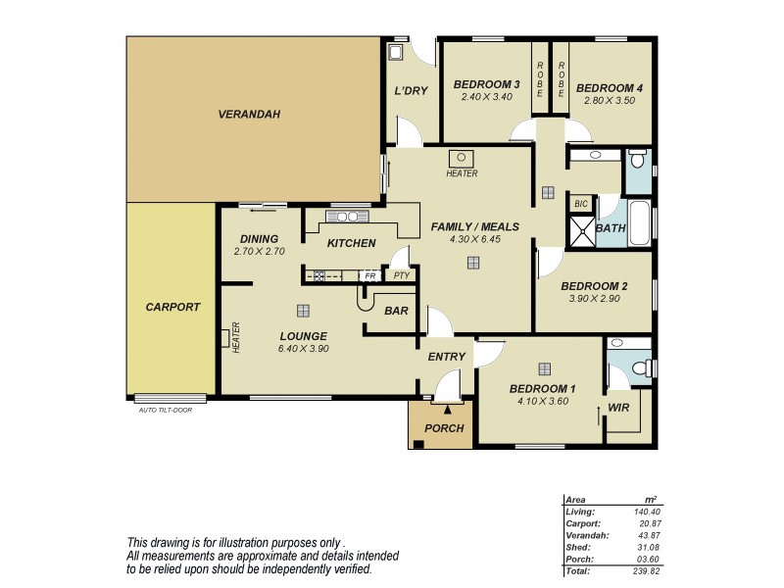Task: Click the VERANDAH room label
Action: point(249,115)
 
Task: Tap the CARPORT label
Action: point(172,307)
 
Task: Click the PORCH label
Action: point(444,428)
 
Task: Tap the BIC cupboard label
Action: point(581,204)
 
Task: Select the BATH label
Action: point(612,228)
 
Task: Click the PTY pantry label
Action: point(401,275)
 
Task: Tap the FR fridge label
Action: point(369,275)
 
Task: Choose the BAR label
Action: point(396,312)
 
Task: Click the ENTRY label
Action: point(446,358)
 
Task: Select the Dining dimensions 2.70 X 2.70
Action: point(259,251)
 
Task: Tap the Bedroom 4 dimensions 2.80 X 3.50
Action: point(611,100)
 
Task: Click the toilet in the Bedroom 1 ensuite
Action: point(641,367)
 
